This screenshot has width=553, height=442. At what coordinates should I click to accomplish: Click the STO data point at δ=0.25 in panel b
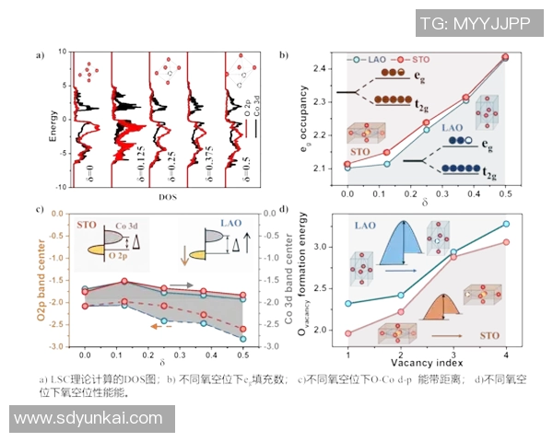(426, 122)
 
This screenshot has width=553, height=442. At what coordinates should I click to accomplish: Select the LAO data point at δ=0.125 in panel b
(387, 164)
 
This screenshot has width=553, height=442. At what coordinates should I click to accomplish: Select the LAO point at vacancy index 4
(505, 224)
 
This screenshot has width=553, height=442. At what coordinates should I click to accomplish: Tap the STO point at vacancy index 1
(347, 333)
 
